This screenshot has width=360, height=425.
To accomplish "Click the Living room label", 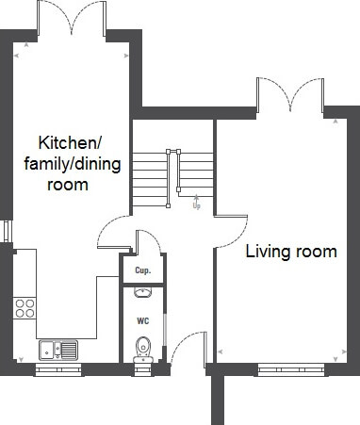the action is [291, 252].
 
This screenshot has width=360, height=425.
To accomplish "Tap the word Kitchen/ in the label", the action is [70, 143].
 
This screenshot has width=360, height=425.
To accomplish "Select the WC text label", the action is [143, 321].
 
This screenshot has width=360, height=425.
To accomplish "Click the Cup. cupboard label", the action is [143, 270].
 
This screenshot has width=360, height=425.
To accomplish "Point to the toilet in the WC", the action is [143, 350].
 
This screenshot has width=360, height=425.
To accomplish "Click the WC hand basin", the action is [143, 292].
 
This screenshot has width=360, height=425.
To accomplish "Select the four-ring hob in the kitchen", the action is [25, 308].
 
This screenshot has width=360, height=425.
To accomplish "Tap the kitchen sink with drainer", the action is [58, 351].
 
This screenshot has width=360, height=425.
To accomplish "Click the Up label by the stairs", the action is [197, 206].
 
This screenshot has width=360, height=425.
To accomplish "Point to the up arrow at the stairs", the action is [196, 198].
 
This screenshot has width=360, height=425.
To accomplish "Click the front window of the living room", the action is [291, 369].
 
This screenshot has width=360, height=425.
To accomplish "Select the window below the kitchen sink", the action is [58, 369].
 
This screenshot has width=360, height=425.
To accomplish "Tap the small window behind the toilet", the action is [143, 369].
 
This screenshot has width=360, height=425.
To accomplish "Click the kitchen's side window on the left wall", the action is [7, 231].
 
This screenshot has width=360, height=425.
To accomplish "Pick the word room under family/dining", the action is [68, 185].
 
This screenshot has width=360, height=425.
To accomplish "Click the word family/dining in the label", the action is [73, 164].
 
